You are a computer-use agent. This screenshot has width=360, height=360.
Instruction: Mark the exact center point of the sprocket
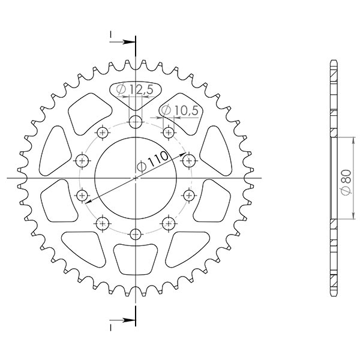(136, 178)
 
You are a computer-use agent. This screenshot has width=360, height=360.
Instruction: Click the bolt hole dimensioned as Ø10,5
(169, 131)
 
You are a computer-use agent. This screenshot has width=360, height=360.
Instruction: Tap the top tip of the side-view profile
(331, 60)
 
